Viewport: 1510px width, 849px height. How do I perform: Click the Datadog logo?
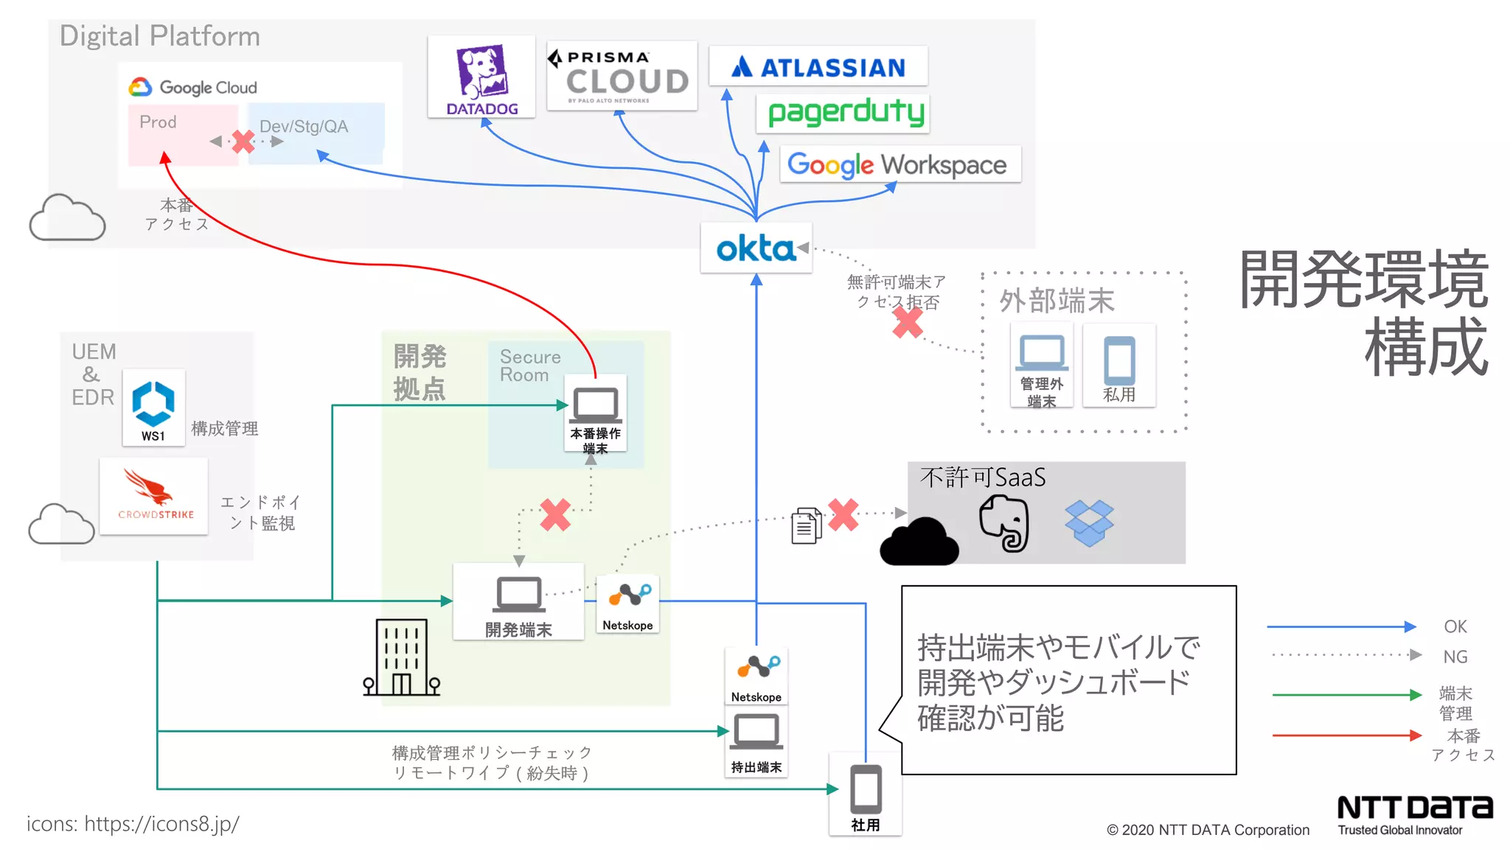coord(481,77)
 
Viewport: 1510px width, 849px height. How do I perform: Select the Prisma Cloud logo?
coord(622,76)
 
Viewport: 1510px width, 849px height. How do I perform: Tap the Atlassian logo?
coord(818,67)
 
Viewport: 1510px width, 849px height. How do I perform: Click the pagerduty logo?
coord(845,113)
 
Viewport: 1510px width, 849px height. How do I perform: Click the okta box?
coord(756,248)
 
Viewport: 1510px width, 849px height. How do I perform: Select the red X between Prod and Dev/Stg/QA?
coord(243,141)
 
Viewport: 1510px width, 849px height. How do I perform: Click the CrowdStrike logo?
coord(154,495)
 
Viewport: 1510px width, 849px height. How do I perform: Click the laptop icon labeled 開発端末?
coord(519,595)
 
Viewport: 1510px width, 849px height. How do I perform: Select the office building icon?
coord(401,657)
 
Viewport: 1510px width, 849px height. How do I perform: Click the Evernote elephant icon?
coord(1004,523)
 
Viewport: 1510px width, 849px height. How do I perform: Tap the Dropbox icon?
coord(1089,523)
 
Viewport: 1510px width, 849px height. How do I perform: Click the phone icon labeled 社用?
coord(866,789)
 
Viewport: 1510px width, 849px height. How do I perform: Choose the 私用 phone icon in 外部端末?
coord(1118,360)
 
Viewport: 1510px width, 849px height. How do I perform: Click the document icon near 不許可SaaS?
coord(806,525)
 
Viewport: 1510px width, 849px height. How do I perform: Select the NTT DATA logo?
coord(1414,808)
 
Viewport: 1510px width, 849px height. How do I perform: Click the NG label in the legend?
coord(1455,656)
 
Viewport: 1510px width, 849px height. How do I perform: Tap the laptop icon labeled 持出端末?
coord(756,733)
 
